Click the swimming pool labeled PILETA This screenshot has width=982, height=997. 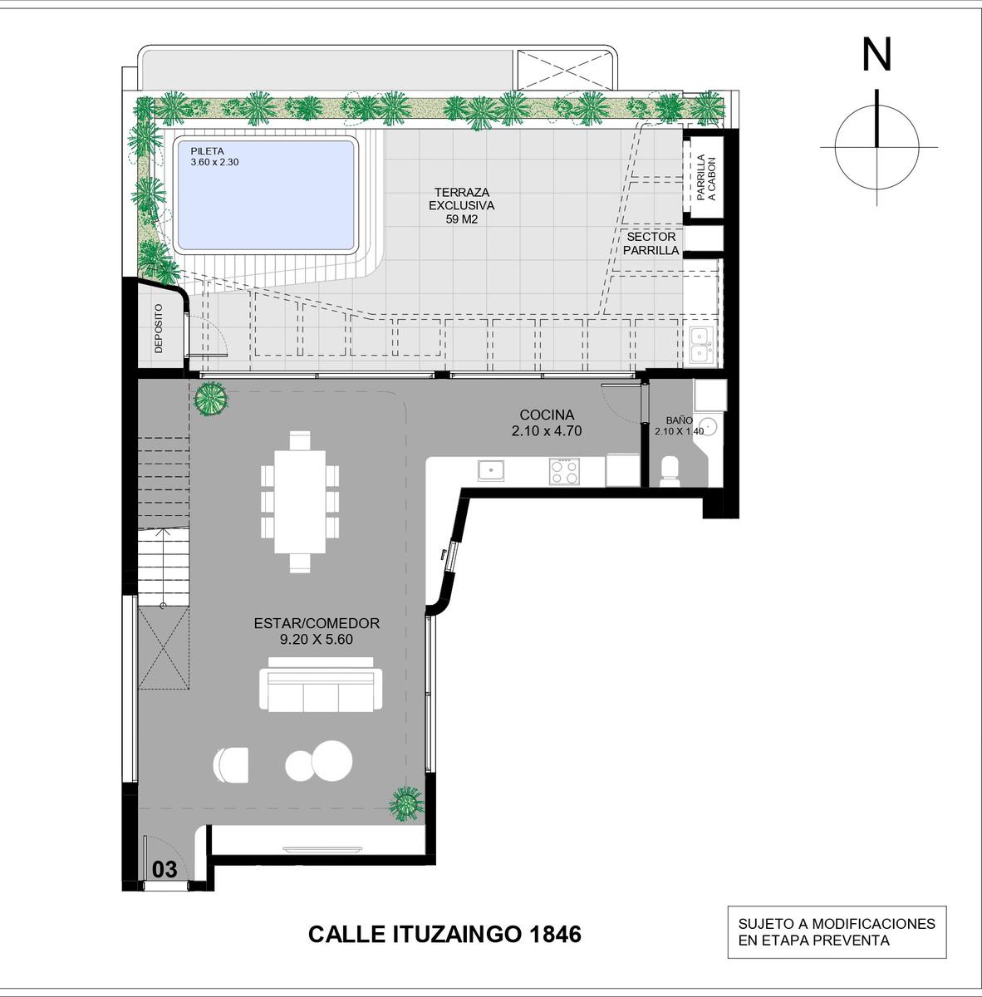(266, 195)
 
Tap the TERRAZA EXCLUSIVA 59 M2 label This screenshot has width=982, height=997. (462, 205)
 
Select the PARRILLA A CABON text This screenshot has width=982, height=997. (706, 178)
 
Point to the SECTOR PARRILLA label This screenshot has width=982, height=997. (651, 243)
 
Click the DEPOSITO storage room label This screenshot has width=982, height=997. (159, 328)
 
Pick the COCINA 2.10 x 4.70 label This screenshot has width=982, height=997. (547, 423)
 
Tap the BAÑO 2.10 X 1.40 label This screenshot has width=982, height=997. (679, 426)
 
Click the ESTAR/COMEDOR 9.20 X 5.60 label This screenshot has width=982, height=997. (317, 631)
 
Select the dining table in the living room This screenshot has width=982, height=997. (300, 502)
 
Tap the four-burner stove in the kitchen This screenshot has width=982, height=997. (564, 471)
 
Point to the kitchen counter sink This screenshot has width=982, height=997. (491, 470)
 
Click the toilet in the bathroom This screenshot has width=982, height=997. (670, 471)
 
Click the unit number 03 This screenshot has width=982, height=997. (164, 870)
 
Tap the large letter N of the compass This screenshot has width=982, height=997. (876, 55)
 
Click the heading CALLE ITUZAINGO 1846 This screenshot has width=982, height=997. (444, 934)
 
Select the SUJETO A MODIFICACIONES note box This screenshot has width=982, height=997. (837, 932)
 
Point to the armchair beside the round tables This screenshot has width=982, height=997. (230, 764)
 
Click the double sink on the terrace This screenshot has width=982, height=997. (702, 345)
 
